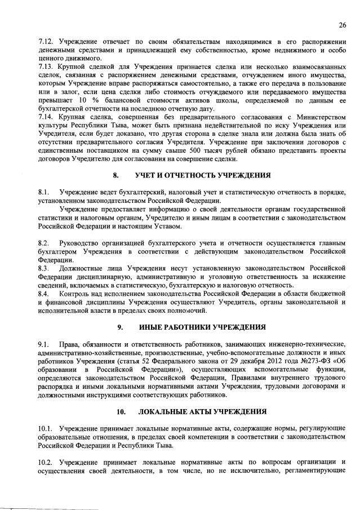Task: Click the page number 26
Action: pyautogui.click(x=341, y=24)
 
